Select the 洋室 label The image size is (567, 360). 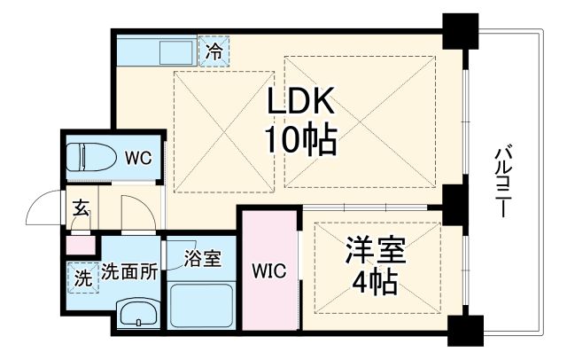coord(375,252)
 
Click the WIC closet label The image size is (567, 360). coord(269,271)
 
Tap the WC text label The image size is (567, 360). coord(137,158)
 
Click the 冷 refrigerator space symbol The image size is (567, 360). coord(214,51)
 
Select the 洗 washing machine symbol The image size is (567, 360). coord(82,277)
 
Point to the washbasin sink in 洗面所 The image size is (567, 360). coord(137,314)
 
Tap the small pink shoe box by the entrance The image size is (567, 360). coord(79,242)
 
